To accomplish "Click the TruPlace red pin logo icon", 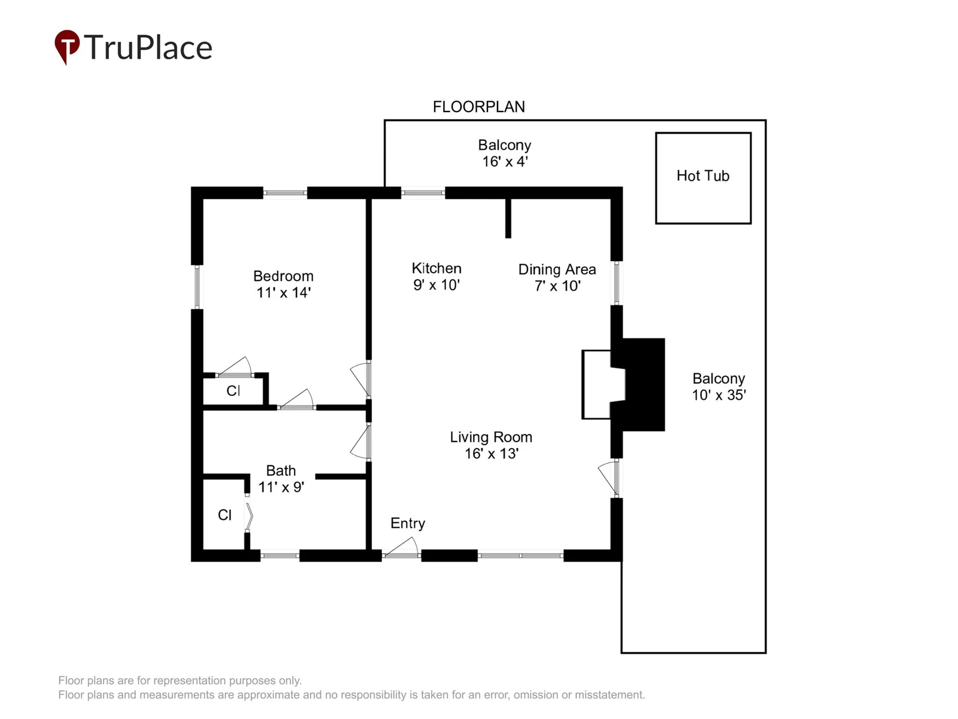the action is (67, 46).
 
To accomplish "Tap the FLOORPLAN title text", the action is (479, 107).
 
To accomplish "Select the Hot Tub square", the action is (703, 178).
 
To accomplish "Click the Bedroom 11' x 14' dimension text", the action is (283, 292).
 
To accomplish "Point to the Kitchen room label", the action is (436, 268).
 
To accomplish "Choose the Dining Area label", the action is (557, 270).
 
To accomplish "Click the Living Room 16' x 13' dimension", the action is (492, 454).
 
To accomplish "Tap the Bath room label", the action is (281, 470).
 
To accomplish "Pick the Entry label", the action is (408, 523).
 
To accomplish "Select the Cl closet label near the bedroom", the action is (234, 391).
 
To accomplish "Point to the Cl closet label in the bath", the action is (225, 515).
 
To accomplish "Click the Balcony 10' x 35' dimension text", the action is (719, 395).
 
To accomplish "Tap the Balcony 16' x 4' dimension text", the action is (505, 162).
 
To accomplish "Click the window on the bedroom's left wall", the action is (197, 287).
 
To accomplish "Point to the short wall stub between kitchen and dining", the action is (508, 218).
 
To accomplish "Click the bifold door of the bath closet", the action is (249, 516).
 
